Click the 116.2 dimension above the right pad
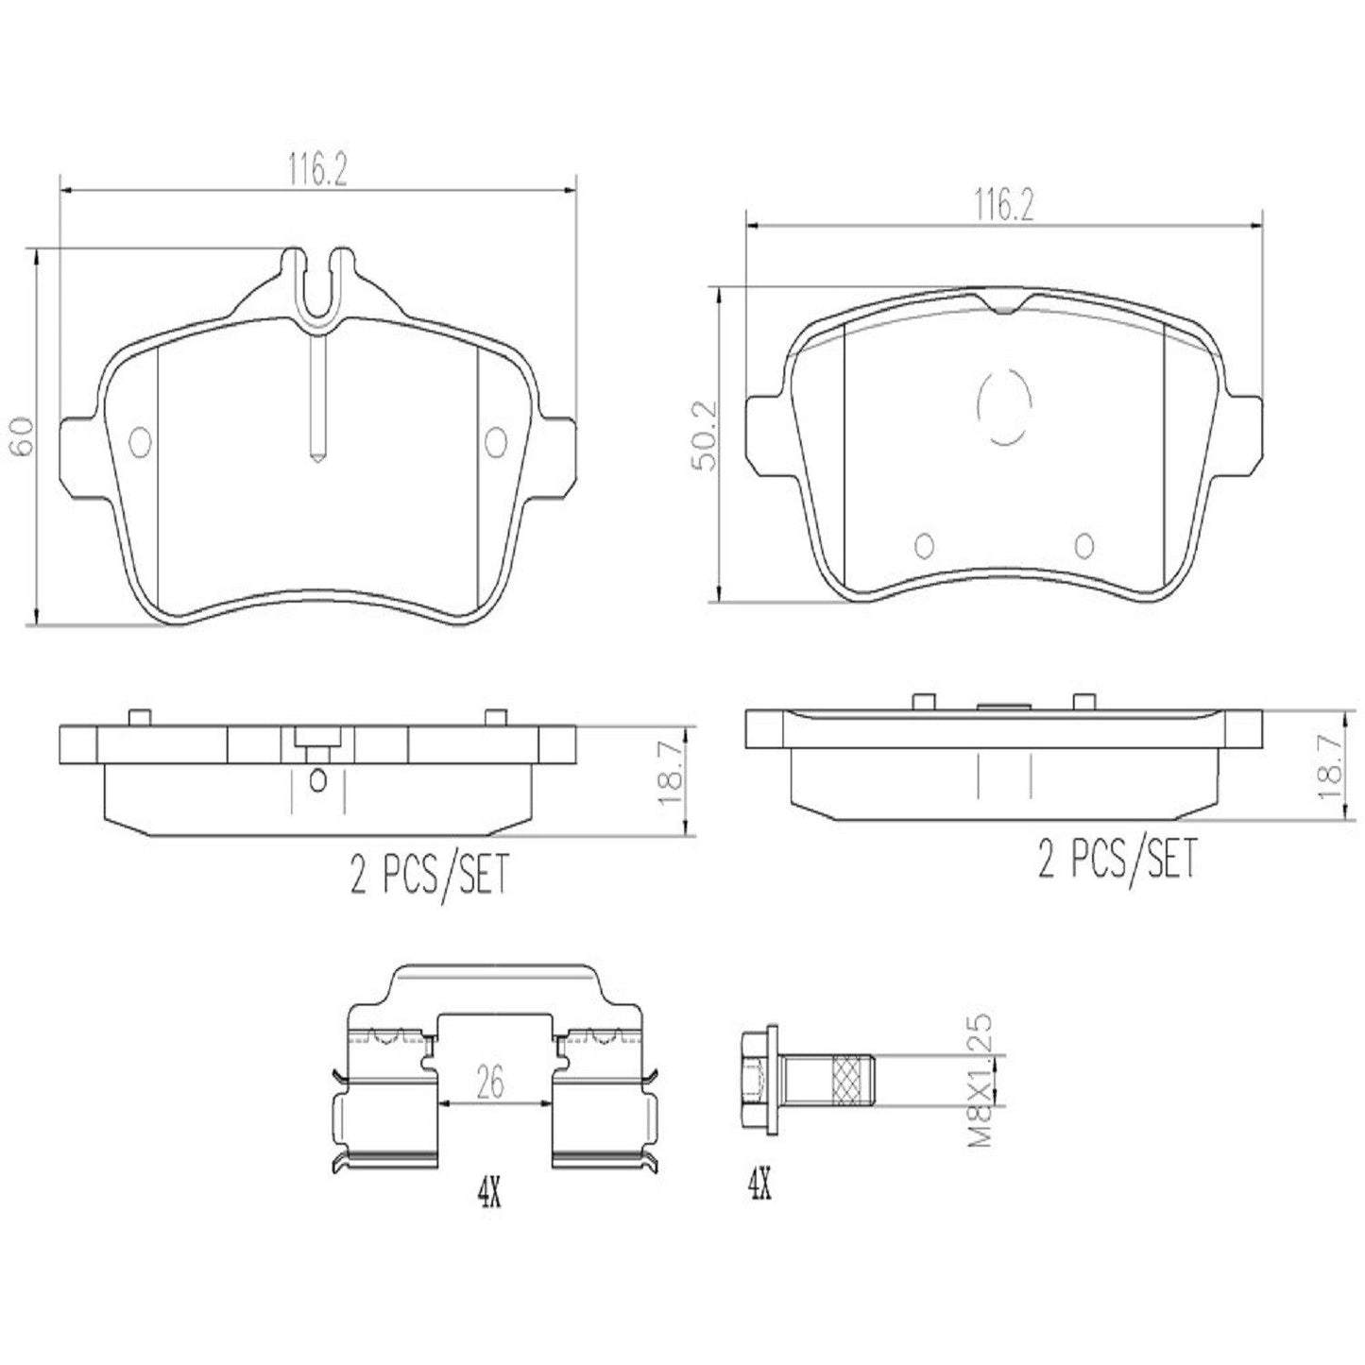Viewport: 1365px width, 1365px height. click(1003, 206)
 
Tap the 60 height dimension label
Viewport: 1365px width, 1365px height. click(25, 435)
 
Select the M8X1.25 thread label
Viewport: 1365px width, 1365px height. click(981, 1082)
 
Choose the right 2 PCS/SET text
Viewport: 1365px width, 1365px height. click(1117, 860)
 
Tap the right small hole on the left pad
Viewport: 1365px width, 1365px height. click(495, 439)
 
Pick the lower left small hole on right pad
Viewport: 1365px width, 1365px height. click(924, 545)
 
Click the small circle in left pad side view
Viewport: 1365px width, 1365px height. click(317, 779)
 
